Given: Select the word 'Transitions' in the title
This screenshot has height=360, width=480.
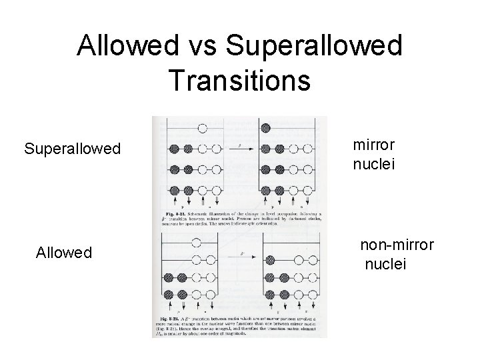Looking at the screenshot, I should (239, 79).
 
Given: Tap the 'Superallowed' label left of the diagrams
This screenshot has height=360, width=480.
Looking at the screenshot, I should (72, 147).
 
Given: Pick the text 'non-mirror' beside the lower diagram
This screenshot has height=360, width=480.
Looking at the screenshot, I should (397, 246).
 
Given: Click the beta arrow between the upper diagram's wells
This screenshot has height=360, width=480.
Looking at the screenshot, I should (240, 143).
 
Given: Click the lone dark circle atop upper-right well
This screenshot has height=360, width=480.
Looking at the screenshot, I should (265, 128).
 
